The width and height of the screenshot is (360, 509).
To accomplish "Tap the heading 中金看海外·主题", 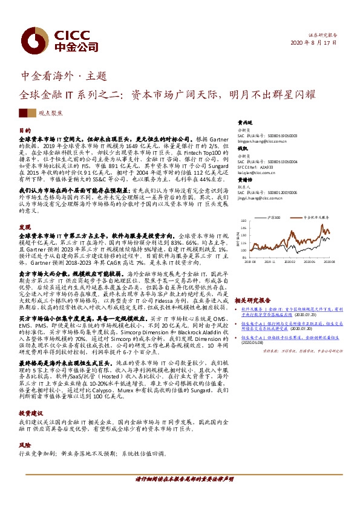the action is pyautogui.click(x=64, y=76).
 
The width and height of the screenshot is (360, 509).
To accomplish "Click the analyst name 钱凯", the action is pyautogui.click(x=243, y=148).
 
